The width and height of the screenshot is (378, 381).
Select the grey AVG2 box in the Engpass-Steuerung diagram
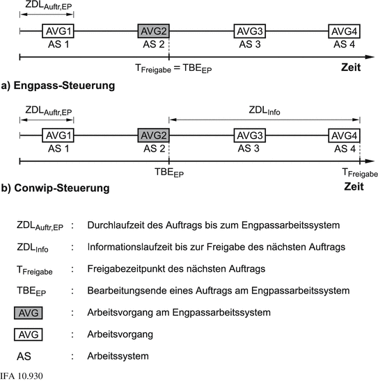pyautogui.click(x=153, y=31)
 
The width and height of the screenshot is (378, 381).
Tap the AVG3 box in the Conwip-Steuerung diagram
pyautogui.click(x=249, y=135)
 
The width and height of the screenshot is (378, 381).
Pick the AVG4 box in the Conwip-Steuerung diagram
pyautogui.click(x=344, y=135)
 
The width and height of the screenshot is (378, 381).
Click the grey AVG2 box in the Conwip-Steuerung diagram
pyautogui.click(x=153, y=135)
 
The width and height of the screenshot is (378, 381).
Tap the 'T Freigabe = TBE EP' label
pyautogui.click(x=174, y=69)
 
